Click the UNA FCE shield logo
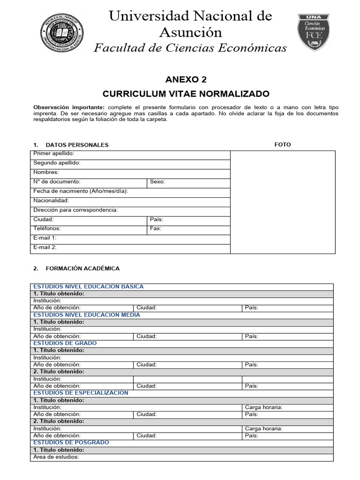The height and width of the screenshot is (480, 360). pos(313,32)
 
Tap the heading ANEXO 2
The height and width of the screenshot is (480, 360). pos(186,79)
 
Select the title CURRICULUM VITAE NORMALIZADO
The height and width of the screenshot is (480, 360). pos(186,94)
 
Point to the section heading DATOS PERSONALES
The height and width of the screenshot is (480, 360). pos(77,145)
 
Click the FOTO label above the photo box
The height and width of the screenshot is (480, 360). pos(283,144)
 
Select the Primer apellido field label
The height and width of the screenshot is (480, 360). pos(53,154)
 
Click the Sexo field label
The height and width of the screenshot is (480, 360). pos(157,182)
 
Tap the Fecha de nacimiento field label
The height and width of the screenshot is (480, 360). pos(80,191)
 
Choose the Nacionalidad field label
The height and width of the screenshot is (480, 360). pos(51,201)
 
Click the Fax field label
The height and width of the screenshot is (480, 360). pos(156,229)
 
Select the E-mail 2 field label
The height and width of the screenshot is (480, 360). pos(45,247)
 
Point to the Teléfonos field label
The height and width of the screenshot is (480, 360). pos(47,229)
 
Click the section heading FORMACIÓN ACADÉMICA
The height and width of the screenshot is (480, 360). pos(82,269)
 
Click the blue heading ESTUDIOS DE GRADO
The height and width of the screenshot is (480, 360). pos(65,343)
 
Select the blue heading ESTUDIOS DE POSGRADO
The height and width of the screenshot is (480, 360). pos(71,442)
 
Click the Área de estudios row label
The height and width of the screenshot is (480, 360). pos(56,457)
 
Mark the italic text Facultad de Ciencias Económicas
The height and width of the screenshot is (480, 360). pos(190,48)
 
